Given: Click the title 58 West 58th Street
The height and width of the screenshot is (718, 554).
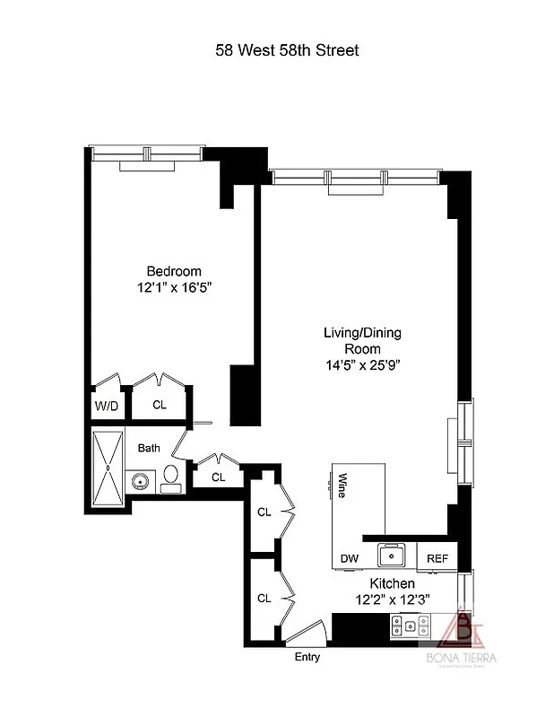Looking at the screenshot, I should [x=287, y=50].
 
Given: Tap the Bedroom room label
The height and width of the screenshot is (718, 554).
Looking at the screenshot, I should [x=174, y=271].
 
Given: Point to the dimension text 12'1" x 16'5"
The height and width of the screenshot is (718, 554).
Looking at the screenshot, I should [x=174, y=288].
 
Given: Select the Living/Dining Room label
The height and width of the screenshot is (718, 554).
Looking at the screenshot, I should [x=362, y=340].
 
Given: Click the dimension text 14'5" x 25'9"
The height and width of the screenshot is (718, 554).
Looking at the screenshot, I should [x=362, y=365].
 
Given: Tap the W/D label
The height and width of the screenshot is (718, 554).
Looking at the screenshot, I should [x=106, y=405].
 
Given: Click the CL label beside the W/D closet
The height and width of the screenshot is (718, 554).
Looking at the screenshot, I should [x=160, y=405].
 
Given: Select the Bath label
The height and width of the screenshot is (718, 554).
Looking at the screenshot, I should [x=149, y=448].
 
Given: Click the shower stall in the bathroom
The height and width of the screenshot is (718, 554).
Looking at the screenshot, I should [x=106, y=469].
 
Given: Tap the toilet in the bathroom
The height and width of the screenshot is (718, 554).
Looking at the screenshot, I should [x=171, y=477].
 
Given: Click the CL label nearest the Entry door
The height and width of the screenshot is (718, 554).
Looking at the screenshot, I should [x=264, y=598].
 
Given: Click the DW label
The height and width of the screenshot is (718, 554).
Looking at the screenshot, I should [x=349, y=558].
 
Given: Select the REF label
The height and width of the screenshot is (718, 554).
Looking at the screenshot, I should [x=437, y=558].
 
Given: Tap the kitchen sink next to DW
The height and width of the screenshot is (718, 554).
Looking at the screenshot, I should [x=390, y=556].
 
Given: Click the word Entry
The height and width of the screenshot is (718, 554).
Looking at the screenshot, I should [x=307, y=657].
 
